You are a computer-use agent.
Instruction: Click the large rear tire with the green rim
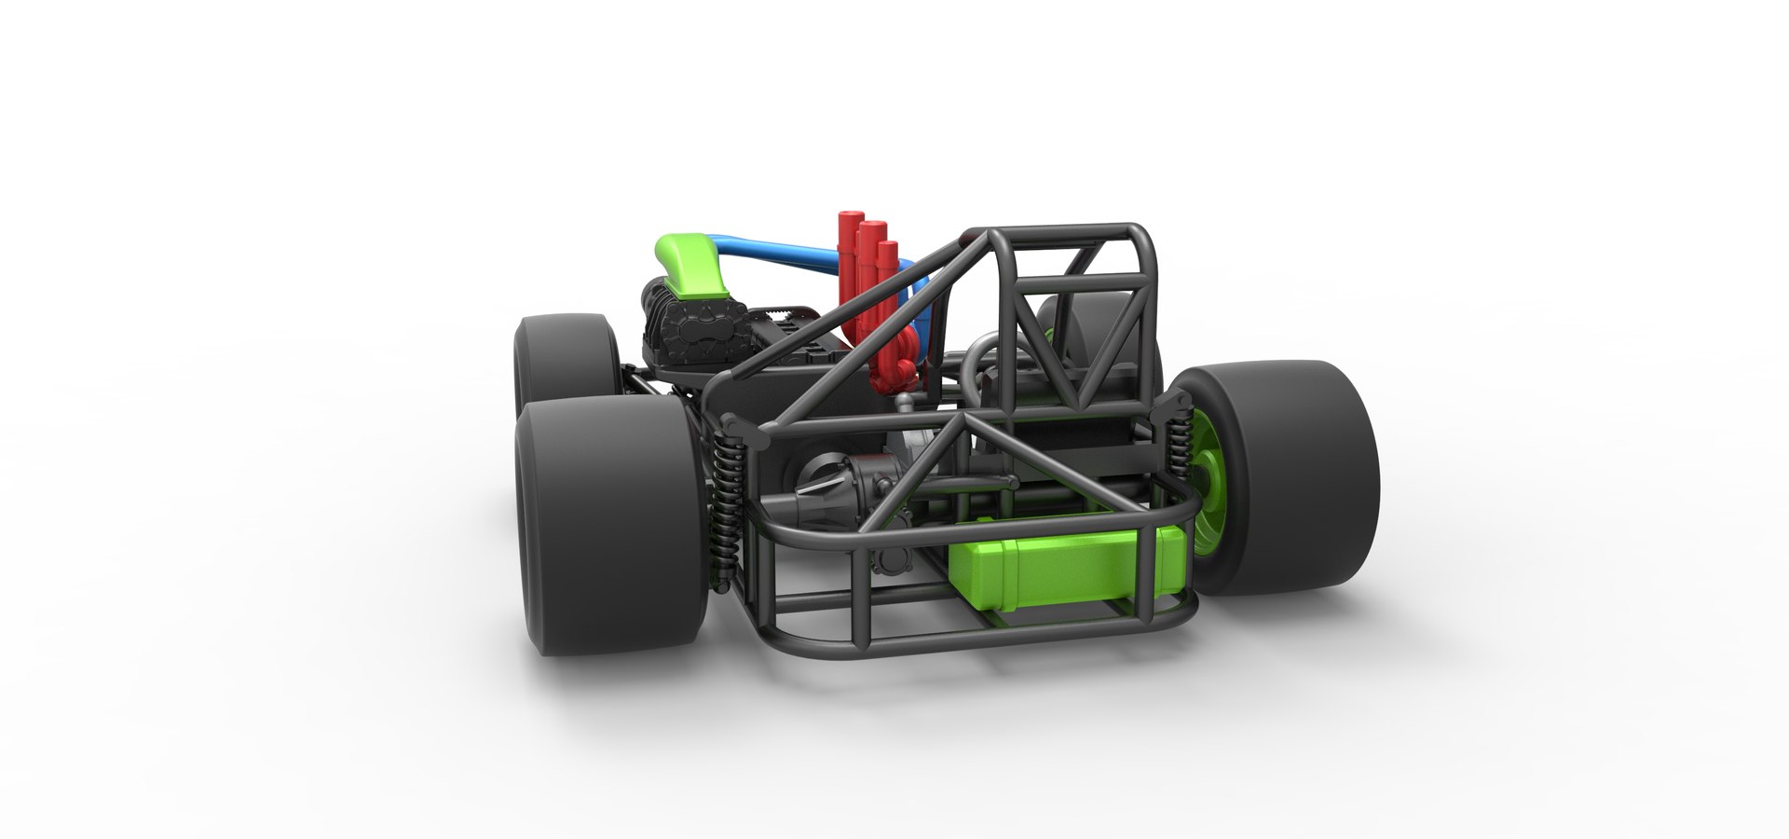pos(1295,475)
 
